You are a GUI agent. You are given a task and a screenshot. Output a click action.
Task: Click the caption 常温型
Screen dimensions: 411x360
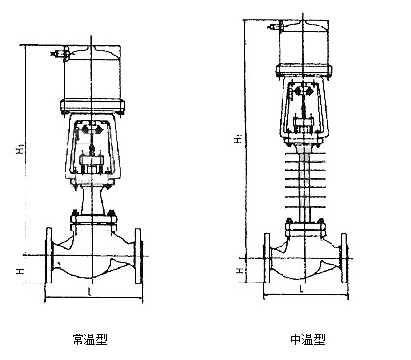pos(90,339)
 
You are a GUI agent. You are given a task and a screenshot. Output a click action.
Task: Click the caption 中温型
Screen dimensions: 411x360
pos(308,339)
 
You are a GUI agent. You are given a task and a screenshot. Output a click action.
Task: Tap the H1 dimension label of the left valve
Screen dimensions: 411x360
pos(21,150)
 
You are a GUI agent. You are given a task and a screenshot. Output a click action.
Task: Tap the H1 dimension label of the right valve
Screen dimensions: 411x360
pos(239,138)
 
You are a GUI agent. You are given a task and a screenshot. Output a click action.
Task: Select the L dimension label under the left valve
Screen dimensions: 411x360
pos(90,292)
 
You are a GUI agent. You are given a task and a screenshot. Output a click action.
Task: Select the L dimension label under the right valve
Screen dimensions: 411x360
pos(302,289)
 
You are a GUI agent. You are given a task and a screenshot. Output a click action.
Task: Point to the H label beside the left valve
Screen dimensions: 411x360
pos(21,271)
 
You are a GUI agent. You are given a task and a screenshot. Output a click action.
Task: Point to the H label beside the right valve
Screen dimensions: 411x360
pos(239,271)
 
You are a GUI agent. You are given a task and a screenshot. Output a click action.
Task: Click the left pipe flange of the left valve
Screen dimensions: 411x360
pos(49,255)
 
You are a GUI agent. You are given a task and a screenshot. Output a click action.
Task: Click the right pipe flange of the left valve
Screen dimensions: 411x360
pos(138,255)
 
